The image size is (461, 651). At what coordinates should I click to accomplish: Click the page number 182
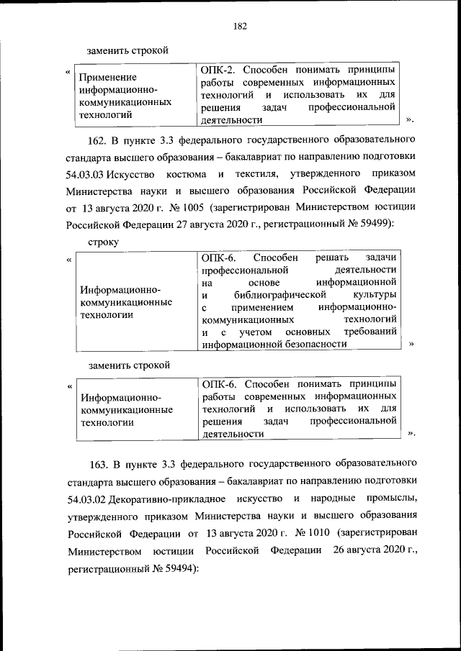coord(240,27)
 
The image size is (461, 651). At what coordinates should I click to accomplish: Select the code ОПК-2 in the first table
coord(217,70)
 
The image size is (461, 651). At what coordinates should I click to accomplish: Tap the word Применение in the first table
coord(108,76)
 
